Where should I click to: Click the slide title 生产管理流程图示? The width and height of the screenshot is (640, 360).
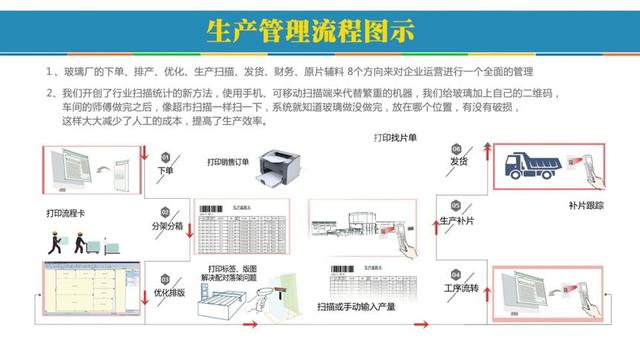pyautogui.click(x=309, y=29)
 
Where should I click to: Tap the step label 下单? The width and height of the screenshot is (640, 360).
pyautogui.click(x=166, y=171)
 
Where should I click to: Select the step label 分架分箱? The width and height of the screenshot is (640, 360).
pyautogui.click(x=167, y=226)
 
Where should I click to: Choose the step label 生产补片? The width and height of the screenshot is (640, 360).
pyautogui.click(x=459, y=220)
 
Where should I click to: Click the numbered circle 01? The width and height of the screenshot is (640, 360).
pyautogui.click(x=166, y=156)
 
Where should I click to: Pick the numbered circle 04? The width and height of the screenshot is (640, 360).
pyautogui.click(x=456, y=272)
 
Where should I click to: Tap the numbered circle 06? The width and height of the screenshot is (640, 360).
pyautogui.click(x=456, y=146)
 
